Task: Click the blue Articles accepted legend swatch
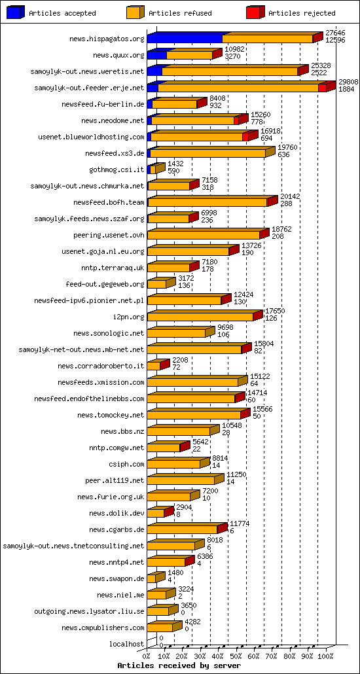[x=16, y=12]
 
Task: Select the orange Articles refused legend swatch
[x=135, y=12]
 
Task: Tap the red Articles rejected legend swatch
[x=255, y=12]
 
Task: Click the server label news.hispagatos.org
[x=107, y=39]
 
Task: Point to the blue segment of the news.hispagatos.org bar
[x=185, y=39]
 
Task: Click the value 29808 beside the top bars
[x=348, y=82]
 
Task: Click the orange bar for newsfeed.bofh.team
[x=207, y=203]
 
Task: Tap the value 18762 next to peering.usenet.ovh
[x=281, y=230]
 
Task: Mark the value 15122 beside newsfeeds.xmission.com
[x=259, y=377]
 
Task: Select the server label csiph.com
[x=128, y=464]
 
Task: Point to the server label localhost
[x=128, y=644]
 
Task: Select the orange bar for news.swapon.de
[x=151, y=579]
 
